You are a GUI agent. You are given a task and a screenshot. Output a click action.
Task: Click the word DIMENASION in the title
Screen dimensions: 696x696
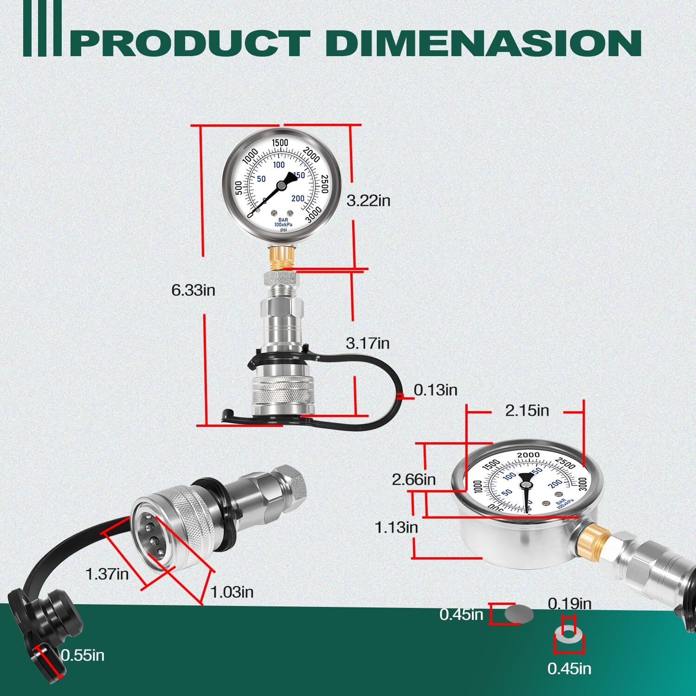point(483,43)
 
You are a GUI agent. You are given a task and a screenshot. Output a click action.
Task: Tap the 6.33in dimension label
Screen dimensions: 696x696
point(193,290)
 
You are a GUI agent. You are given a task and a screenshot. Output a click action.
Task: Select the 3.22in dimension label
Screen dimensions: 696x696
point(368,200)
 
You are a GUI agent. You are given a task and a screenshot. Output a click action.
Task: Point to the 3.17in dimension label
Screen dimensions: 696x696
point(367,343)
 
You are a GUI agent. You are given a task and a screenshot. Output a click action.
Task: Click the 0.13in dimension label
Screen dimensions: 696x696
point(435,390)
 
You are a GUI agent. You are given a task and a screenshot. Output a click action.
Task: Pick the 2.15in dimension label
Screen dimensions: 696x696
point(527,411)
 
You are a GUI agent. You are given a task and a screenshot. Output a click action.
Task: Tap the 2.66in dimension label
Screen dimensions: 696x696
point(414,479)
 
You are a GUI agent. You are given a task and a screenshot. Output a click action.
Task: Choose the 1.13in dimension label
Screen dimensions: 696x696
point(396,528)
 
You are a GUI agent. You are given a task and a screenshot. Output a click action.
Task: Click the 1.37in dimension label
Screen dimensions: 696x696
point(107,574)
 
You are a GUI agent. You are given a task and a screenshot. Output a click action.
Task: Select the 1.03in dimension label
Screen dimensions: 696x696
point(232,592)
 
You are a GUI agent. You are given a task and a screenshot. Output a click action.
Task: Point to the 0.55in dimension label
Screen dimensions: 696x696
point(83,655)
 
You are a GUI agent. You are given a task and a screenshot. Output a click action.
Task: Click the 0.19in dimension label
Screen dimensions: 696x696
point(569,604)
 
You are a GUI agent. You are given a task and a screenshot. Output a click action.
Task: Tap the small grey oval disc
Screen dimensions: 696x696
point(519,614)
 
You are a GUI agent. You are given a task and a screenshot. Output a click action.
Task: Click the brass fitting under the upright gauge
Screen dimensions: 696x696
point(282,257)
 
